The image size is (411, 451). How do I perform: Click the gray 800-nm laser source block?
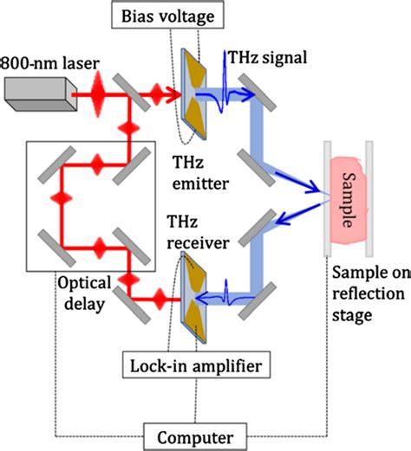[37, 92]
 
